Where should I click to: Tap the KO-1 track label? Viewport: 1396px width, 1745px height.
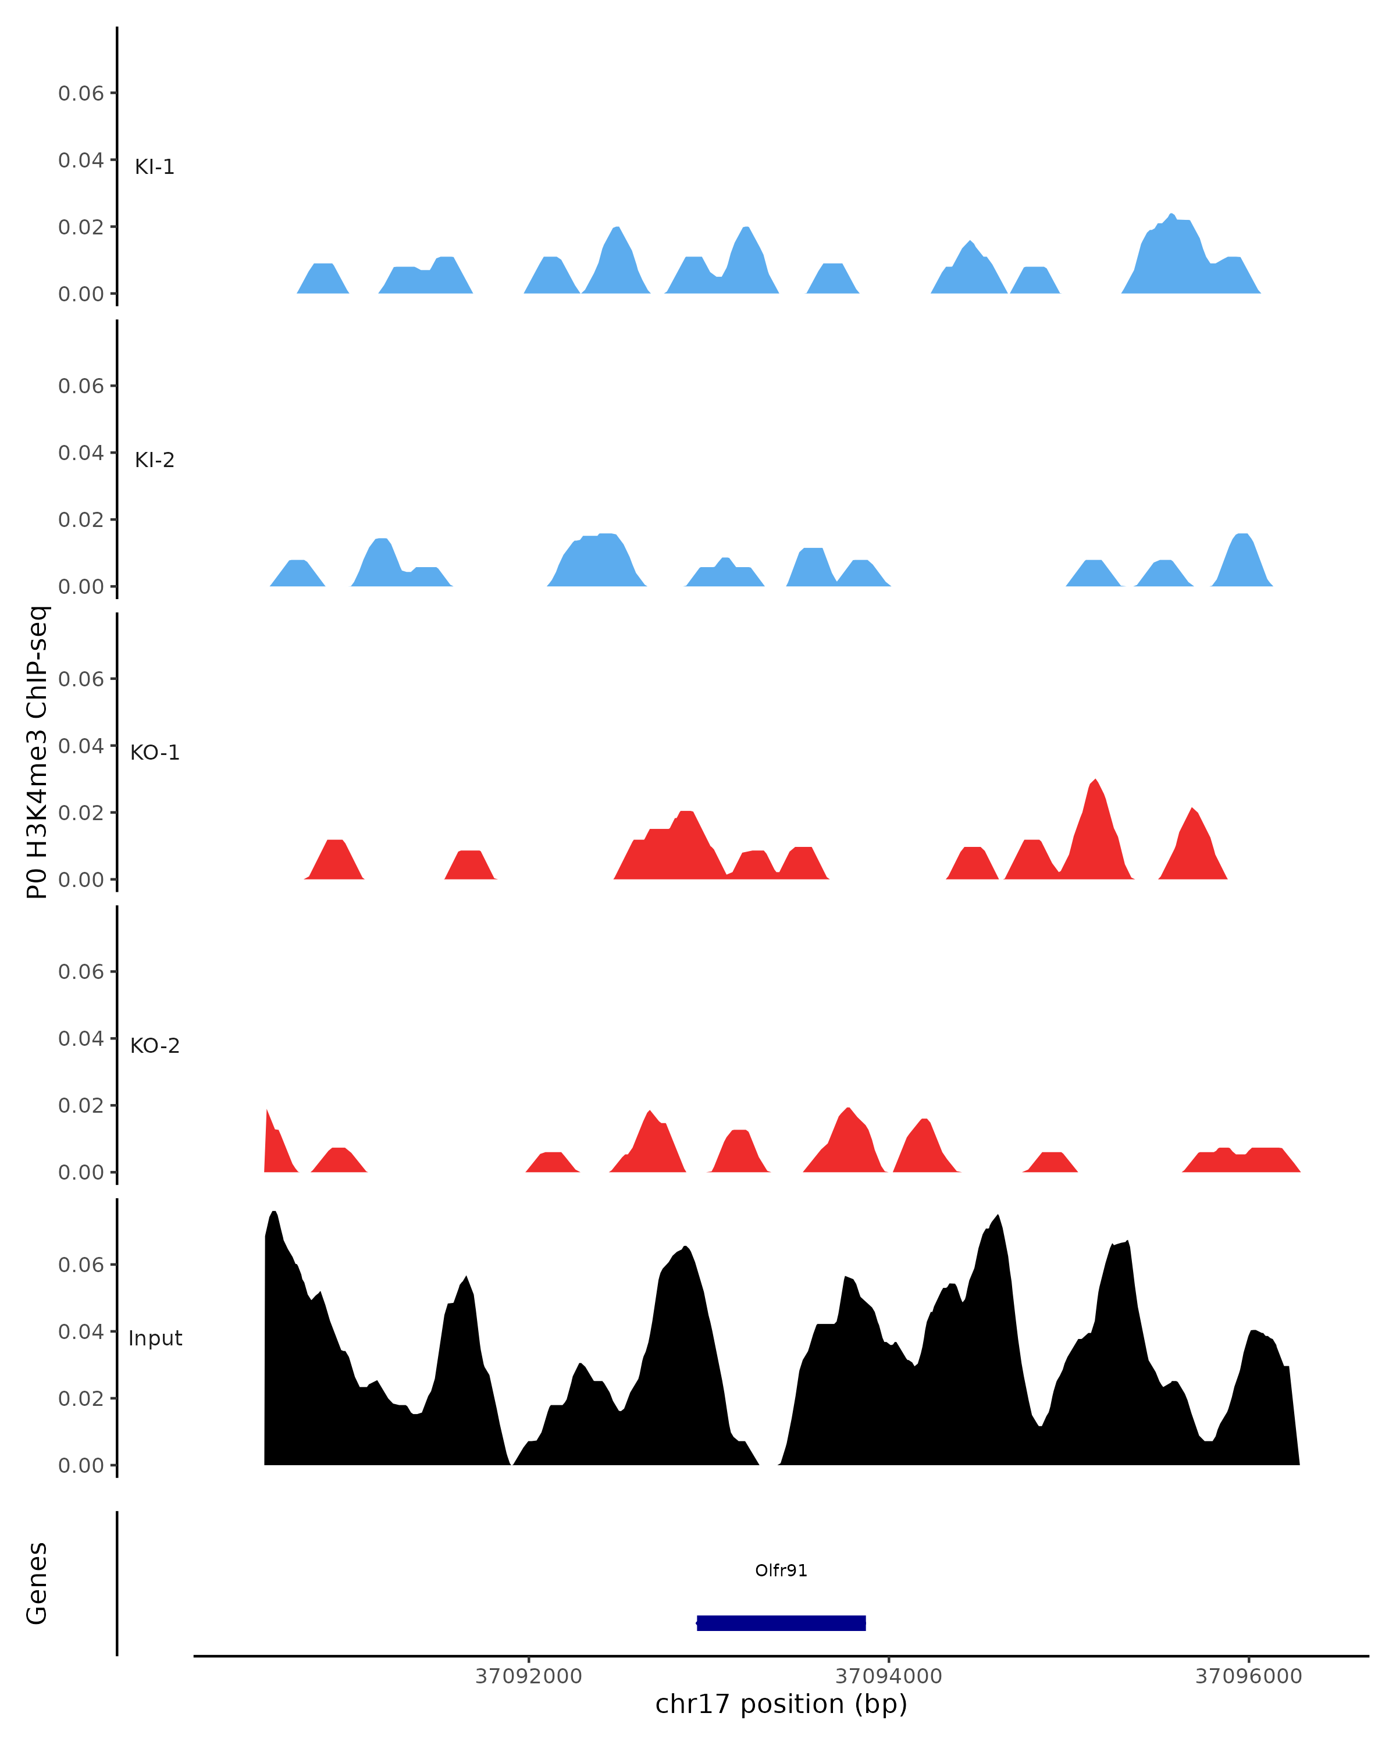pos(155,753)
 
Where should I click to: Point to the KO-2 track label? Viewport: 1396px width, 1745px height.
pos(155,1046)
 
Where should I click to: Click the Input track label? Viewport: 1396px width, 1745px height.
pos(155,1338)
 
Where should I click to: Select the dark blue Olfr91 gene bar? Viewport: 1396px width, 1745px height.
pos(781,1623)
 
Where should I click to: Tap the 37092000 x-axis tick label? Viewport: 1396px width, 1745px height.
pos(529,1676)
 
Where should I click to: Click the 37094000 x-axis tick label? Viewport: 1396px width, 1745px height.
pos(889,1676)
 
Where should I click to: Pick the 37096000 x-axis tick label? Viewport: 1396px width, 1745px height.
pos(1249,1676)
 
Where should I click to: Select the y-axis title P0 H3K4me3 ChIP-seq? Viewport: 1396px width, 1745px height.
pos(37,753)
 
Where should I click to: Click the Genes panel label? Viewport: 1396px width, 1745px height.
pos(37,1583)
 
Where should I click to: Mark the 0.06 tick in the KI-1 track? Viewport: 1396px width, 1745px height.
pos(81,94)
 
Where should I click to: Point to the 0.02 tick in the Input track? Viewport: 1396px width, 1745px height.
pos(81,1398)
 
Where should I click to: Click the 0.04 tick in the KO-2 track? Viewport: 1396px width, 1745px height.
pos(81,1038)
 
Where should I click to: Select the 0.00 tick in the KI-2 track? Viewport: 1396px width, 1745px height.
pos(81,587)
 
